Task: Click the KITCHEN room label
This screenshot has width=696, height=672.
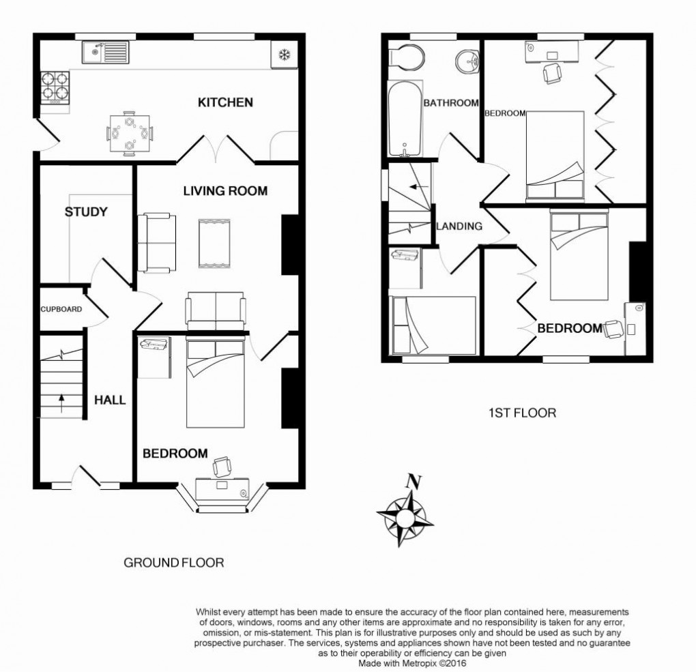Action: (225, 103)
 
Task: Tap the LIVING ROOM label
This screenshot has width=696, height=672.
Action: (224, 191)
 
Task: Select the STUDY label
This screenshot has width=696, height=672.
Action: (86, 212)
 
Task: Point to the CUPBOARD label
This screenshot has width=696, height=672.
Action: (61, 309)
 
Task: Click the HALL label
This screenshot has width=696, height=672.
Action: (110, 400)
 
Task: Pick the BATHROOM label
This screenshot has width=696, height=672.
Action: (450, 103)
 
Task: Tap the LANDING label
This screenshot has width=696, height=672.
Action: (459, 227)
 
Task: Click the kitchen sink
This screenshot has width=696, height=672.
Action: (104, 50)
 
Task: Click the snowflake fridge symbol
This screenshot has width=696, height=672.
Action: (282, 54)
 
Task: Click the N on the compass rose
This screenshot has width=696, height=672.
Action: (410, 480)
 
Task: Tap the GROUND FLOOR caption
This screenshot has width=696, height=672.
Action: (173, 563)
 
